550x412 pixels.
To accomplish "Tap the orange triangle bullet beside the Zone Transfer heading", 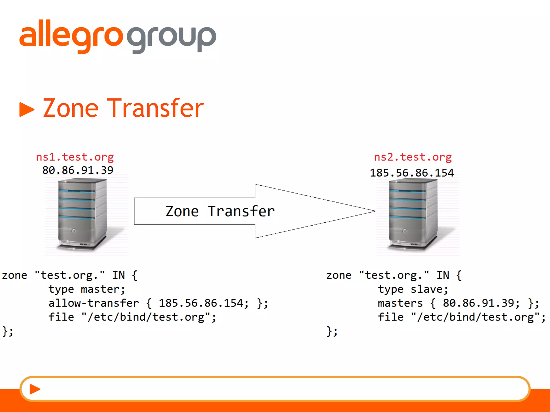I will (x=27, y=109).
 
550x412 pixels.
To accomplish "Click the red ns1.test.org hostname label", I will (x=75, y=157).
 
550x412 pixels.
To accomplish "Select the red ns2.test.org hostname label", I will (x=413, y=157).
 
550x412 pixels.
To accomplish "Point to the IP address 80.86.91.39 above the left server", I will (x=78, y=170).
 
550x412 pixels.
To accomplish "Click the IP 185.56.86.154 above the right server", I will (x=412, y=173).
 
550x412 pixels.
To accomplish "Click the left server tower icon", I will (x=82, y=215).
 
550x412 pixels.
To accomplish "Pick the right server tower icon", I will (x=413, y=215).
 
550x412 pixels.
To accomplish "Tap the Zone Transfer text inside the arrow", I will (x=220, y=211).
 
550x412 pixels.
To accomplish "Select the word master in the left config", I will (x=103, y=289).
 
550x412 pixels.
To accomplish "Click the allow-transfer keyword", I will (x=94, y=303).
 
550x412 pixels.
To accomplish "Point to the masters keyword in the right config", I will (x=400, y=303).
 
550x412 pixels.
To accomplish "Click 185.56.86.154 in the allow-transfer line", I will (x=204, y=303).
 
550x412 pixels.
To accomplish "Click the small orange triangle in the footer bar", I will (x=35, y=389).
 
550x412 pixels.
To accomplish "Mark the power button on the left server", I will (x=74, y=231).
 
